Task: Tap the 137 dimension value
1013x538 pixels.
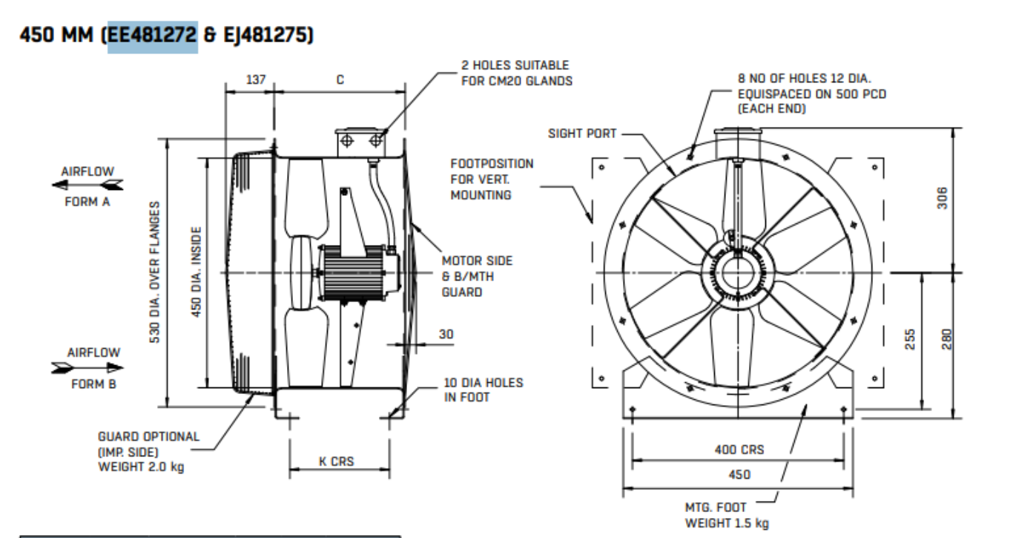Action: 248,79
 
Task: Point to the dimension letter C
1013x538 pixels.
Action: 339,79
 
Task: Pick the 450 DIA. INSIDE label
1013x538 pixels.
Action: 197,274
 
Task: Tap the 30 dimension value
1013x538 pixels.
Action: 445,335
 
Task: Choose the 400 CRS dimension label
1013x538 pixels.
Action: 739,450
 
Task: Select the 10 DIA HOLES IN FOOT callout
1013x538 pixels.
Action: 483,390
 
